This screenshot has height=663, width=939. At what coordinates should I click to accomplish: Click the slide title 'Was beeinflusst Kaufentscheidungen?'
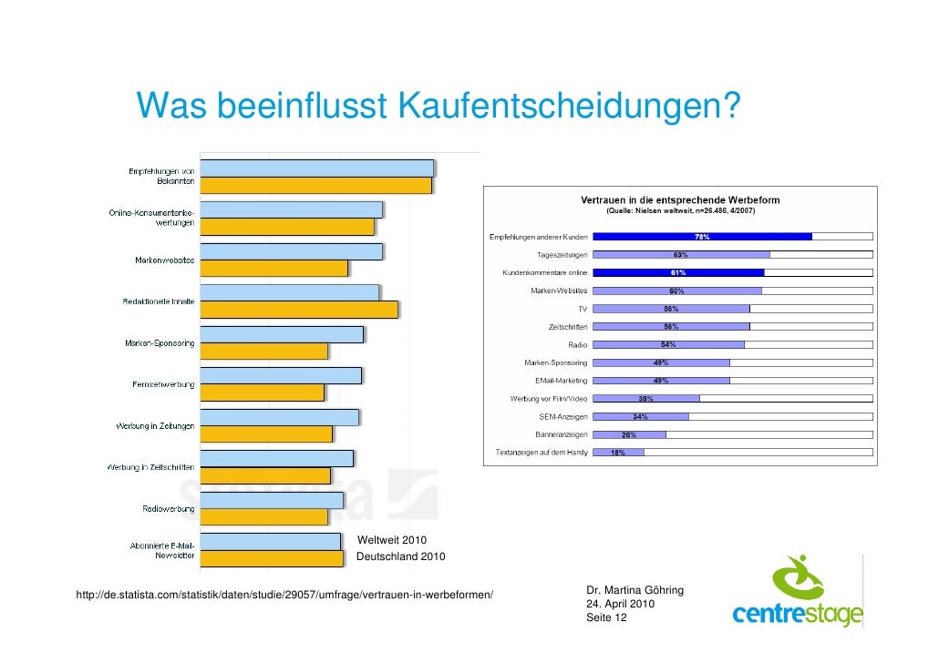click(437, 107)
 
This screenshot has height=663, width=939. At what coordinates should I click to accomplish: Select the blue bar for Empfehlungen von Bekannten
click(316, 168)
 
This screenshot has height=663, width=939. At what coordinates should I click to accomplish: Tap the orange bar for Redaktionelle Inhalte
click(298, 310)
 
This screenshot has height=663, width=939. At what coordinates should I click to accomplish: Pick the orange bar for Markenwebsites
click(273, 268)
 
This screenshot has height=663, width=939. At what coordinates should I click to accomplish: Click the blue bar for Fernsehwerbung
click(281, 375)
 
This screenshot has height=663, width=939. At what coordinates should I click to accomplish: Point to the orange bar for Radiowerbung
click(263, 516)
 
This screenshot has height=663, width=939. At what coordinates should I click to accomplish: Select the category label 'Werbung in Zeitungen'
click(154, 426)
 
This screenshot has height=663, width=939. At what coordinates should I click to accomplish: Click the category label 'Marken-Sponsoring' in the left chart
click(160, 343)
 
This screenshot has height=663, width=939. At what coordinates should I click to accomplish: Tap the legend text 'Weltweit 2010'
click(392, 541)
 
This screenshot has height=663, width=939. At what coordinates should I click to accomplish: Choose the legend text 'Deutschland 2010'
click(400, 556)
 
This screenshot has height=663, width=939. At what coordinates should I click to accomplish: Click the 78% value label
click(702, 237)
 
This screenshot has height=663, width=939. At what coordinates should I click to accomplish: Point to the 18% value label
click(617, 453)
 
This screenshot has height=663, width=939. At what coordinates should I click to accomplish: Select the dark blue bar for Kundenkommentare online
click(678, 272)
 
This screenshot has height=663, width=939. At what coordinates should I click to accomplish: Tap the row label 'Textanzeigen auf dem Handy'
click(542, 452)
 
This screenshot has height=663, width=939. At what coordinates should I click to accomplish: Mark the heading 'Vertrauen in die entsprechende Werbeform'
click(680, 200)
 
